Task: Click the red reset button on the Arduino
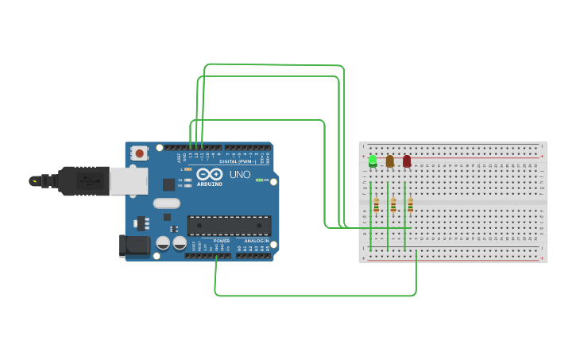click(x=140, y=153)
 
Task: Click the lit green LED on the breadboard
click(x=373, y=161)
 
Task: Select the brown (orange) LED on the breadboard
click(x=389, y=161)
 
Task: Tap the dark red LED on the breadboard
click(x=407, y=161)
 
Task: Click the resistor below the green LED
click(x=376, y=205)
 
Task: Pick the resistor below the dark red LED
click(x=410, y=205)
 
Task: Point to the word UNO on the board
click(x=240, y=175)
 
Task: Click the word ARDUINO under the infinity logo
click(x=209, y=184)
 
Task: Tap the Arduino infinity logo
click(x=210, y=174)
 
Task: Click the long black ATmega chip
click(x=229, y=225)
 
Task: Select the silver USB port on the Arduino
click(x=128, y=181)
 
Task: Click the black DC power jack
click(x=133, y=245)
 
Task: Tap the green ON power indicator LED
click(x=259, y=180)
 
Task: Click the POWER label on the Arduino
click(x=221, y=241)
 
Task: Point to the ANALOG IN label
click(x=256, y=241)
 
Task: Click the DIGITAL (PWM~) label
click(x=238, y=161)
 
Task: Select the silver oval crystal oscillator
click(x=167, y=203)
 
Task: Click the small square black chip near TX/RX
click(x=168, y=184)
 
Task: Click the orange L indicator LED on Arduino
click(x=187, y=169)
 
